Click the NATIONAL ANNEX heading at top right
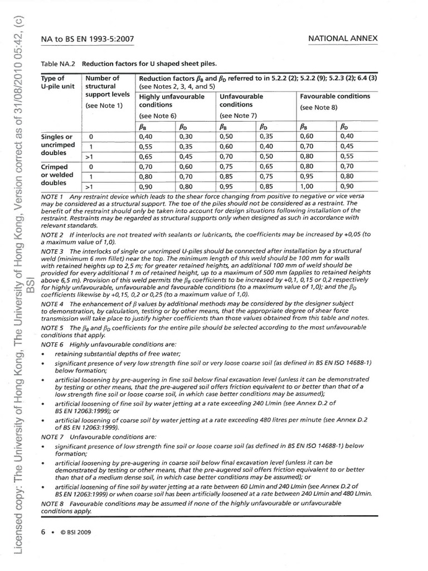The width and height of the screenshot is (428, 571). [x=343, y=38]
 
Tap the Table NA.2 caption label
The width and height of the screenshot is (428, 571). [x=60, y=63]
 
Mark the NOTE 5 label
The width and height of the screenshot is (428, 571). [x=52, y=328]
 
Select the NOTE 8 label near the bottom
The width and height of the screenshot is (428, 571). [x=52, y=503]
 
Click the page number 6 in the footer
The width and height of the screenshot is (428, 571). [x=43, y=532]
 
